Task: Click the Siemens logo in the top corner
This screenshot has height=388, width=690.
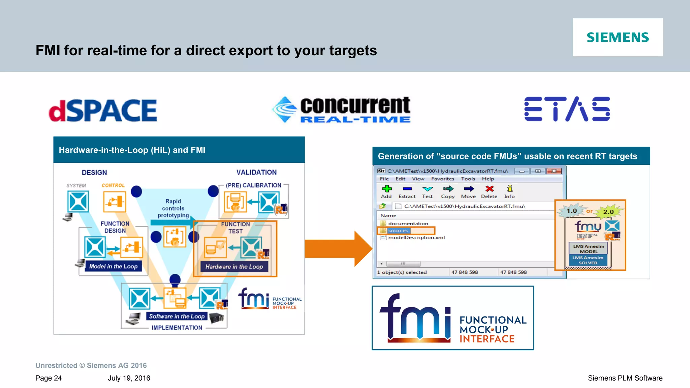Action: click(x=618, y=37)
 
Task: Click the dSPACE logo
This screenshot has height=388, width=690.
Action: click(x=103, y=111)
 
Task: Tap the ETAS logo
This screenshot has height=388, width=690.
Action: click(x=567, y=109)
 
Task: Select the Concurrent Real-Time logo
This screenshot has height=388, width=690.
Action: click(x=342, y=110)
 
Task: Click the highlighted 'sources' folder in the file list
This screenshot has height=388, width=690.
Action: click(x=398, y=231)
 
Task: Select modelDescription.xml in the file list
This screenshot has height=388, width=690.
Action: click(x=416, y=238)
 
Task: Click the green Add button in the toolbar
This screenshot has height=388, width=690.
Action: click(x=386, y=191)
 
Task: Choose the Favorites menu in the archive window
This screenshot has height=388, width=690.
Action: click(x=442, y=179)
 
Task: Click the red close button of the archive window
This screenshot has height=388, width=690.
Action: click(x=554, y=171)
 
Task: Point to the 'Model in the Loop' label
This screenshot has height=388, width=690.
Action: click(x=113, y=266)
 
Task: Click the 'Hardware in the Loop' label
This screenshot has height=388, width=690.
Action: click(x=234, y=267)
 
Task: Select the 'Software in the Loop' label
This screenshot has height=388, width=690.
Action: click(x=177, y=316)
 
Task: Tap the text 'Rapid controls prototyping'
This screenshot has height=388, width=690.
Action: click(x=173, y=208)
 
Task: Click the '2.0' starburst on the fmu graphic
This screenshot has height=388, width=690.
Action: click(x=608, y=212)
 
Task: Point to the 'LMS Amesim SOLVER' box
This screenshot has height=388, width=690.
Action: click(x=588, y=260)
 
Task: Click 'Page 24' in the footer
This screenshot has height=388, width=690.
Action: click(x=49, y=378)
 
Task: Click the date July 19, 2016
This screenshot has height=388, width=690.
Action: click(x=129, y=378)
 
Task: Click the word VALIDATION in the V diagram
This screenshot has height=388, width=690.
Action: click(x=256, y=172)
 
